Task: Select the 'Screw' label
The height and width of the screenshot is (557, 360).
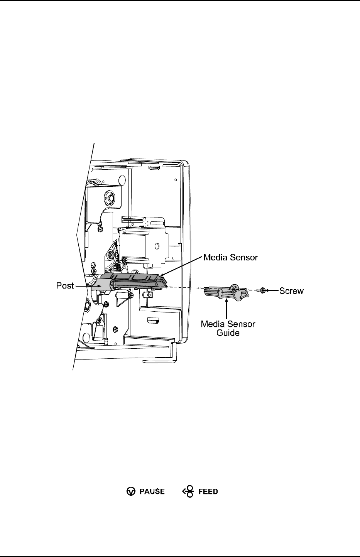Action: point(292,290)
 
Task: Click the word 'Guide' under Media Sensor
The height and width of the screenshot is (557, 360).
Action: point(228,332)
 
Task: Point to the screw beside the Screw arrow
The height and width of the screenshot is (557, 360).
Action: point(262,290)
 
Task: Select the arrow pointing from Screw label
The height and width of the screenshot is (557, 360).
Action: point(272,290)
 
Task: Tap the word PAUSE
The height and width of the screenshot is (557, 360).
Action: point(152,491)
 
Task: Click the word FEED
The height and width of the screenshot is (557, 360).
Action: point(208,491)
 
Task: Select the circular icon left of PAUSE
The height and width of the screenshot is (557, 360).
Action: point(131,491)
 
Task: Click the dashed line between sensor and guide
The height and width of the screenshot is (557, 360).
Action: point(185,288)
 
